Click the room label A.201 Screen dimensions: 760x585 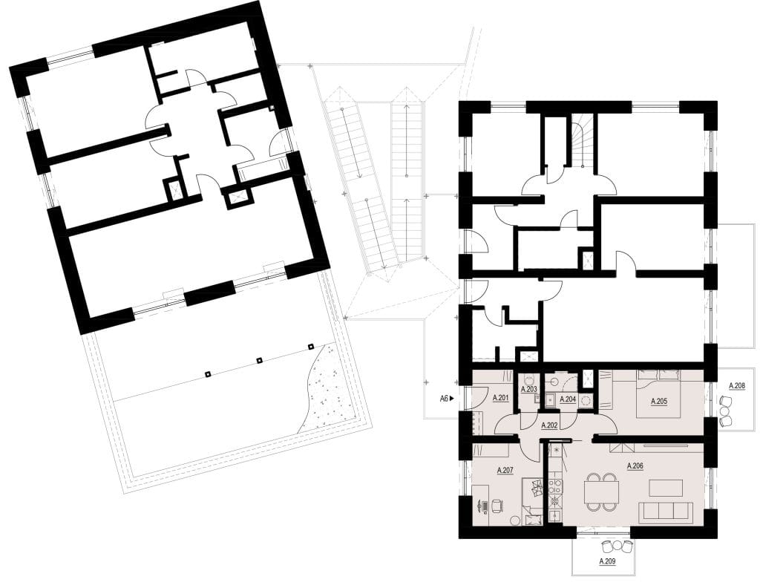(500, 399)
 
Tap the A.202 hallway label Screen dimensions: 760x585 (548, 425)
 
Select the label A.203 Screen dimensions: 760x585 (528, 389)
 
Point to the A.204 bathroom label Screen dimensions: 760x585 (568, 399)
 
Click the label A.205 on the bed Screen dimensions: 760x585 (659, 402)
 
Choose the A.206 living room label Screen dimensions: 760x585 (635, 466)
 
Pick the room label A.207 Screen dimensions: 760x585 (505, 470)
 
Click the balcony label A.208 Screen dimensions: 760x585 (737, 385)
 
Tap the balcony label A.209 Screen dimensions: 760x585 (608, 561)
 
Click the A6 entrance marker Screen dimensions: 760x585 (446, 399)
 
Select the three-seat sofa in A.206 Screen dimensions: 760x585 (665, 512)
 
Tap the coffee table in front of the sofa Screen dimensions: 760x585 (666, 488)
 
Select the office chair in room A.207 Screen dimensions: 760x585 (497, 506)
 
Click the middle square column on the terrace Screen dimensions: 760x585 (259, 360)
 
